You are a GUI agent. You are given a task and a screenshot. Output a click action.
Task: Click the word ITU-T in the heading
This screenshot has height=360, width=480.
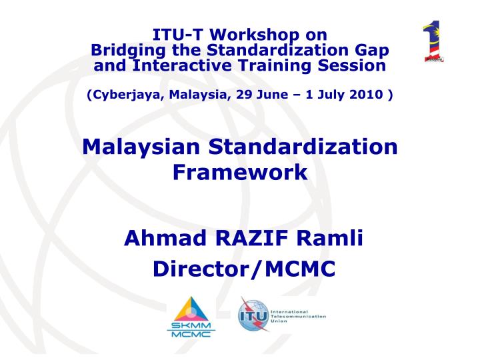click(x=176, y=35)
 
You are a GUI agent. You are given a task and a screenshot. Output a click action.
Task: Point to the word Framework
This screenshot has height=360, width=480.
click(x=240, y=172)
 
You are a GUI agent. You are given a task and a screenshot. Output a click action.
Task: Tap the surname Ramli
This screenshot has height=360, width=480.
click(x=331, y=237)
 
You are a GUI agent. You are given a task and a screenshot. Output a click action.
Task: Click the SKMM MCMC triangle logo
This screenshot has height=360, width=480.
click(x=192, y=317)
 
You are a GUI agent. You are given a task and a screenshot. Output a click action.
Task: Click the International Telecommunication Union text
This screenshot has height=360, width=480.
click(x=298, y=314)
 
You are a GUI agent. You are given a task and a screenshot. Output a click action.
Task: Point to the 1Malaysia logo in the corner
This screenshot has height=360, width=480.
click(x=433, y=43)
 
